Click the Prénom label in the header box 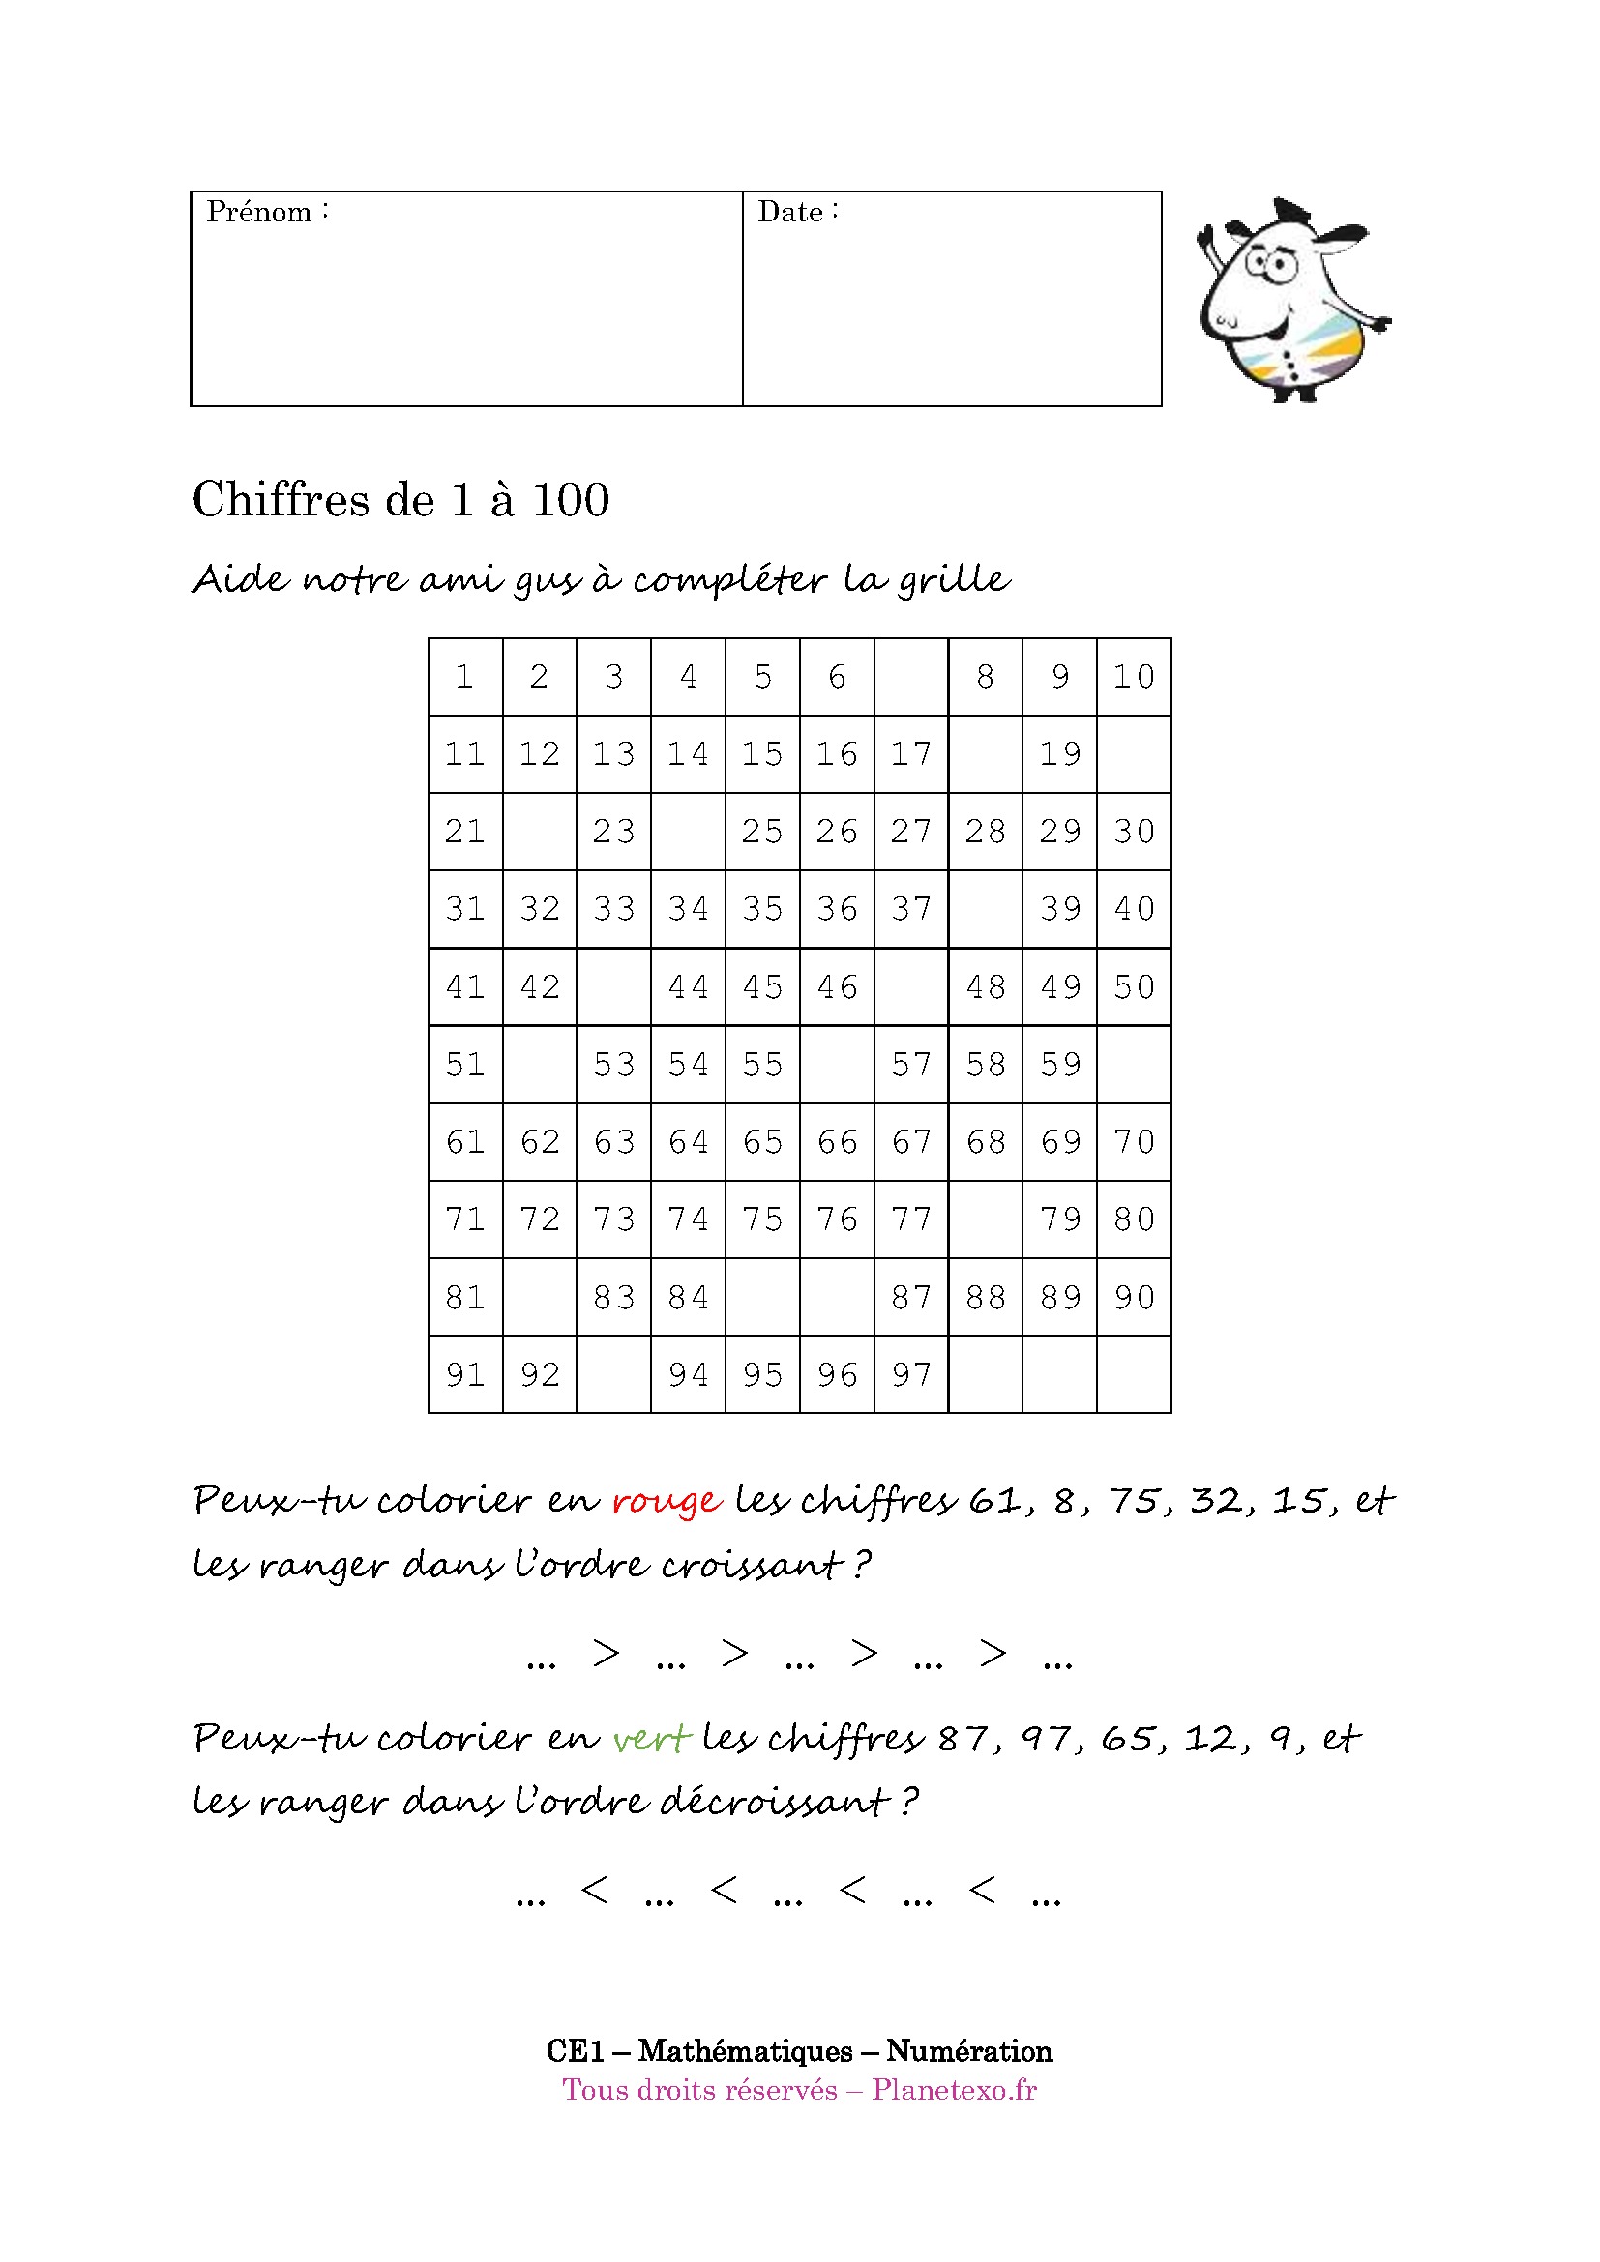(259, 212)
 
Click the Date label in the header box (790, 212)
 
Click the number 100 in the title (571, 499)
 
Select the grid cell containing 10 (1134, 677)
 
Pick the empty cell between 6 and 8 (911, 677)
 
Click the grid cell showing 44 (689, 987)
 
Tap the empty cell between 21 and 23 (540, 832)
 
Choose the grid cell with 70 (1134, 1142)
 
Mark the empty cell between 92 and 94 (614, 1374)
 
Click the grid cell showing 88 (985, 1298)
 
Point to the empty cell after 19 (1134, 754)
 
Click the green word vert (651, 1739)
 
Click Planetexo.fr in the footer (954, 2090)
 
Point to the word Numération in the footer (968, 2050)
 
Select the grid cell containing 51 (466, 1065)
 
